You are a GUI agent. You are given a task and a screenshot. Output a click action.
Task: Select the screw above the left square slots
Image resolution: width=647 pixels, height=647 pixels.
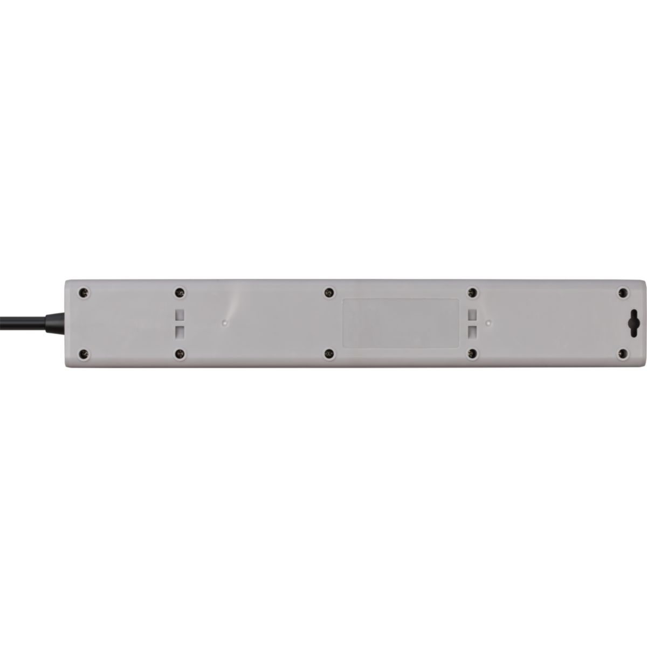point(180,292)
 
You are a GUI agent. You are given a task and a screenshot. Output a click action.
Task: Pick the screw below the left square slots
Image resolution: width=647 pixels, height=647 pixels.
point(180,354)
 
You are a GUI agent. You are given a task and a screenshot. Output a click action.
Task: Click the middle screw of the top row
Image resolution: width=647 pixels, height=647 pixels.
point(327,292)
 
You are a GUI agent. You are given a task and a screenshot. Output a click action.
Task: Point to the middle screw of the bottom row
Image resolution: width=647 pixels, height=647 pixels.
point(327,354)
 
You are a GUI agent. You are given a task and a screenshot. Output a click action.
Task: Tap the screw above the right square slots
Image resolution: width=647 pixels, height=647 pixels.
point(473,292)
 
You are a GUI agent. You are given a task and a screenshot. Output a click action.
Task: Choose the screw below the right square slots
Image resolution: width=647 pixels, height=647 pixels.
point(473,354)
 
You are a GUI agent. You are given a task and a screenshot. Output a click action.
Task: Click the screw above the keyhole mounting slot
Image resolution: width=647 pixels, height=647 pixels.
point(623,292)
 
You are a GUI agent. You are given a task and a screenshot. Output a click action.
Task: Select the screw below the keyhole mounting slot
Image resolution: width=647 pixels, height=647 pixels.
point(623,354)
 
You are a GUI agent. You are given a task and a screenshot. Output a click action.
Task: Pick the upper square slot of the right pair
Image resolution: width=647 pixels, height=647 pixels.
point(473,314)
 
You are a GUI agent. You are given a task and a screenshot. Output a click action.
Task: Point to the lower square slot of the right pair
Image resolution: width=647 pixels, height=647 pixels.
point(473,330)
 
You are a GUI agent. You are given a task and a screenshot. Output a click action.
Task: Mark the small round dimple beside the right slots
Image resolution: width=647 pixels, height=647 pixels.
point(488,322)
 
